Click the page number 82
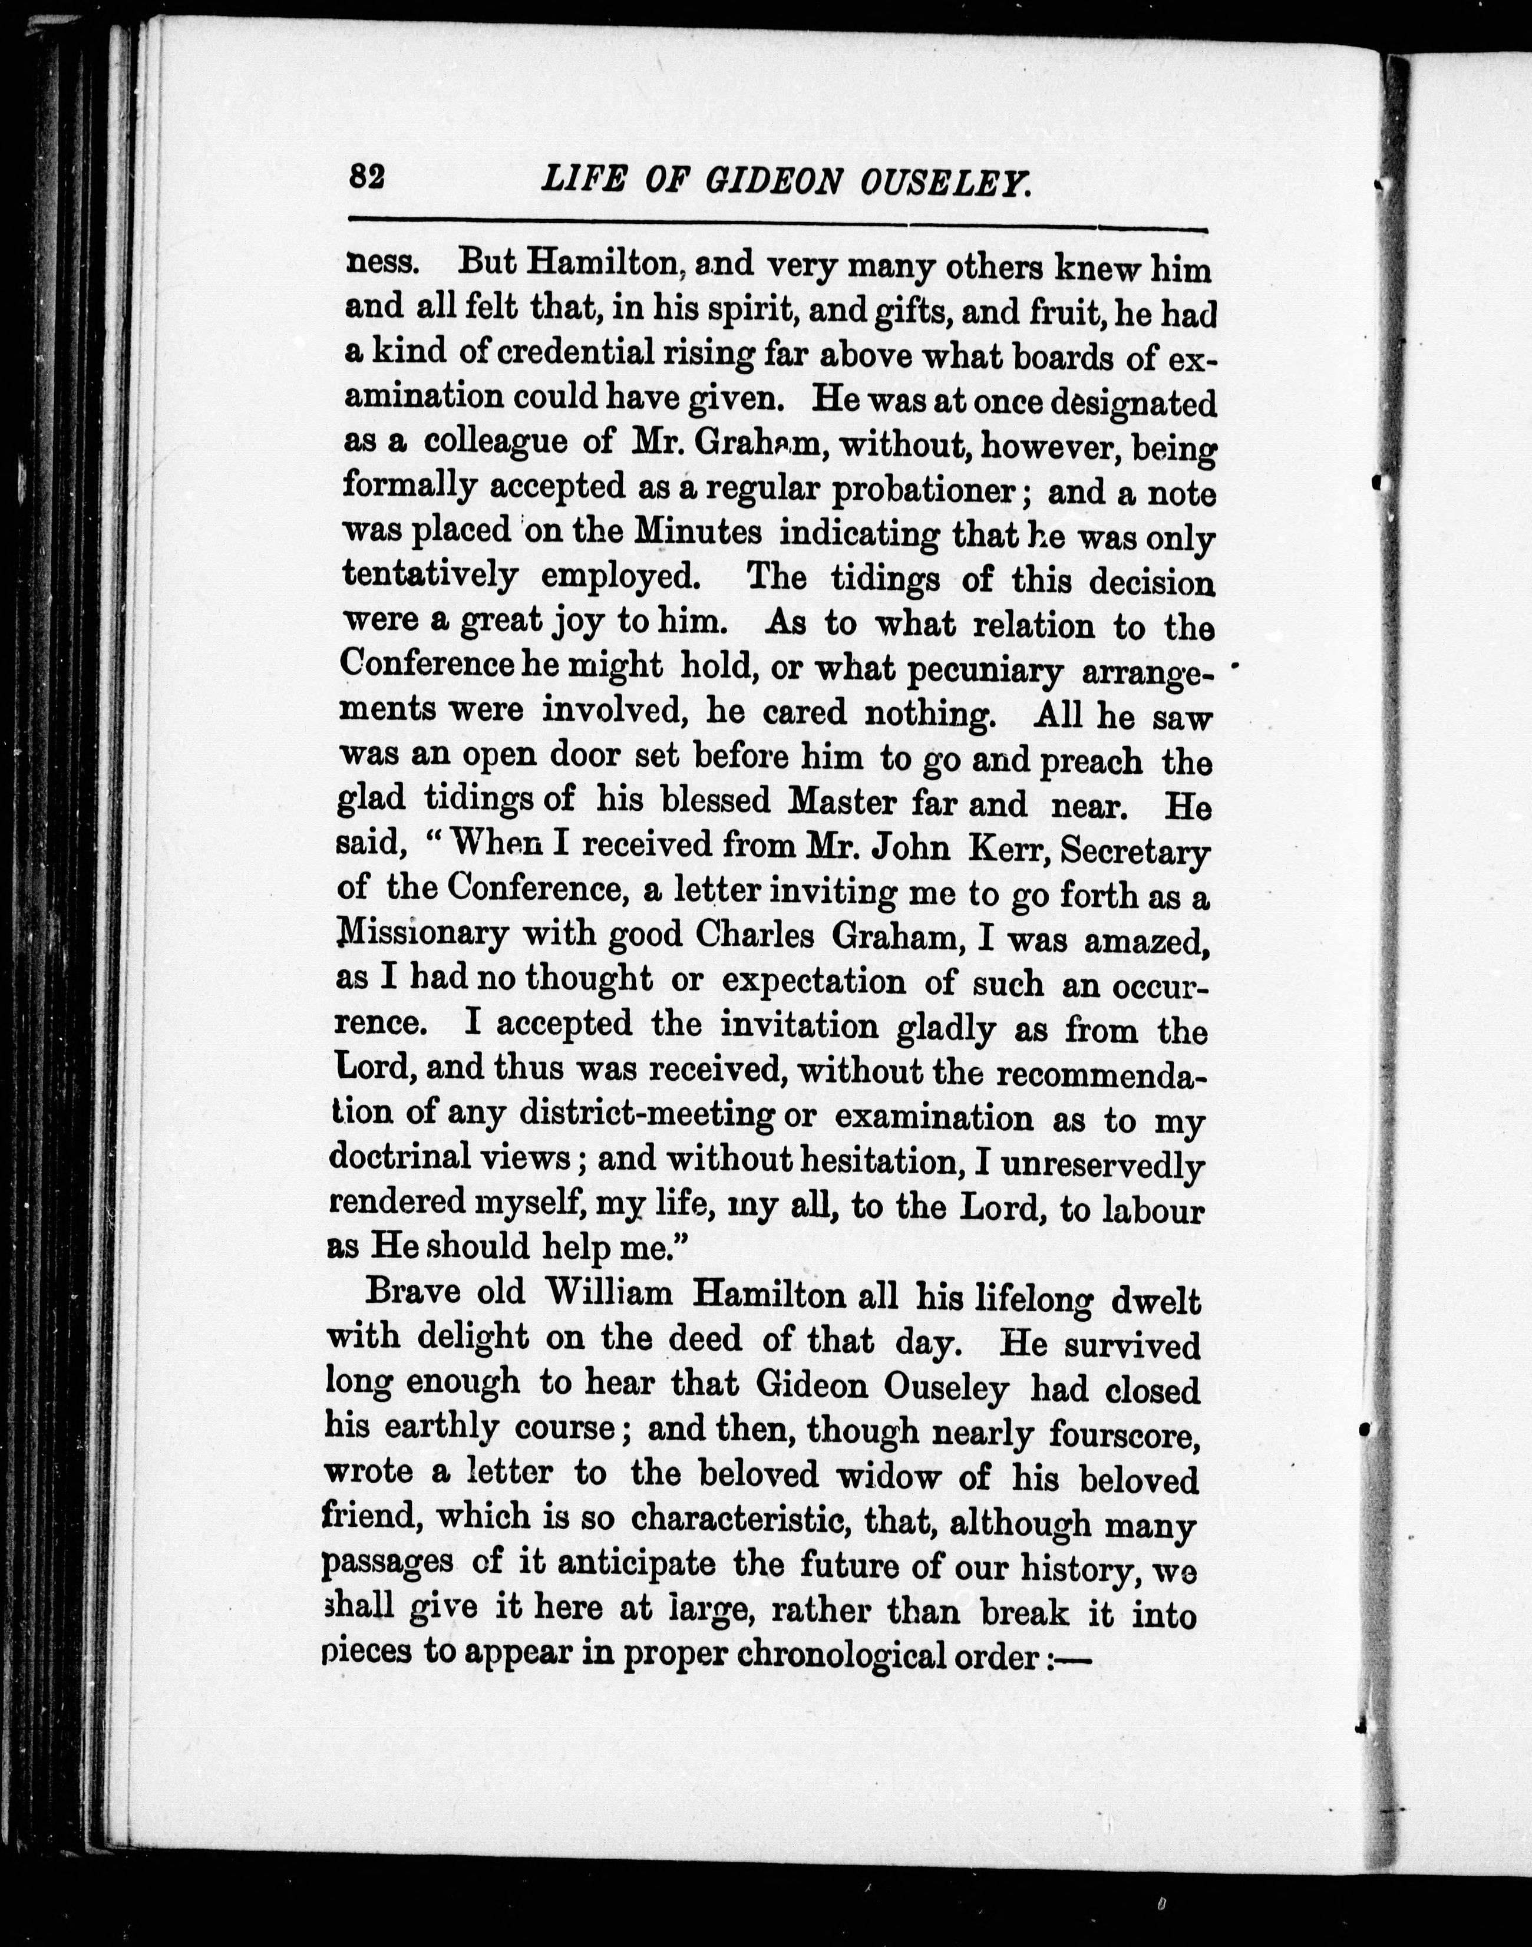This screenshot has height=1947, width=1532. tap(367, 177)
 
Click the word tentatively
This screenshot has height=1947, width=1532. tap(430, 574)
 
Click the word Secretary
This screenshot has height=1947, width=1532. tap(1135, 850)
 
